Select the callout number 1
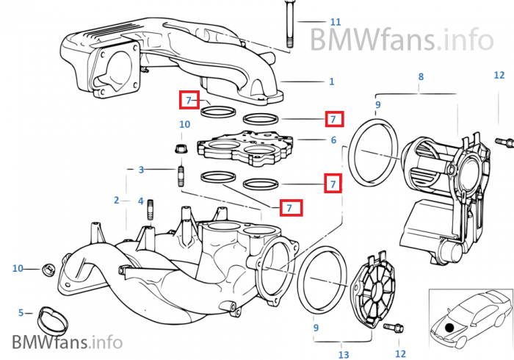coord(332,82)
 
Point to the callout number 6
coord(333,140)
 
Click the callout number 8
coord(421,77)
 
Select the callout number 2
coord(116,200)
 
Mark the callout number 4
coord(140,200)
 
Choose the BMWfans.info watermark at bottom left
coord(66,342)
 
